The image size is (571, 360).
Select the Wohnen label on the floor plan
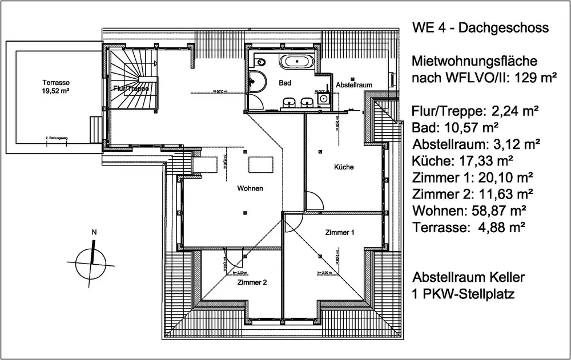pyautogui.click(x=251, y=189)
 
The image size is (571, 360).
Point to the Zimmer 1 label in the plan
pyautogui.click(x=340, y=233)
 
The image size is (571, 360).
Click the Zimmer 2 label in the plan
pyautogui.click(x=251, y=282)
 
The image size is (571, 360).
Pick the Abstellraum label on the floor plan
pyautogui.click(x=354, y=85)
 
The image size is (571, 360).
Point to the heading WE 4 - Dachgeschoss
pyautogui.click(x=480, y=28)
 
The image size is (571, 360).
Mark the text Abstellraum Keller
pyautogui.click(x=468, y=278)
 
